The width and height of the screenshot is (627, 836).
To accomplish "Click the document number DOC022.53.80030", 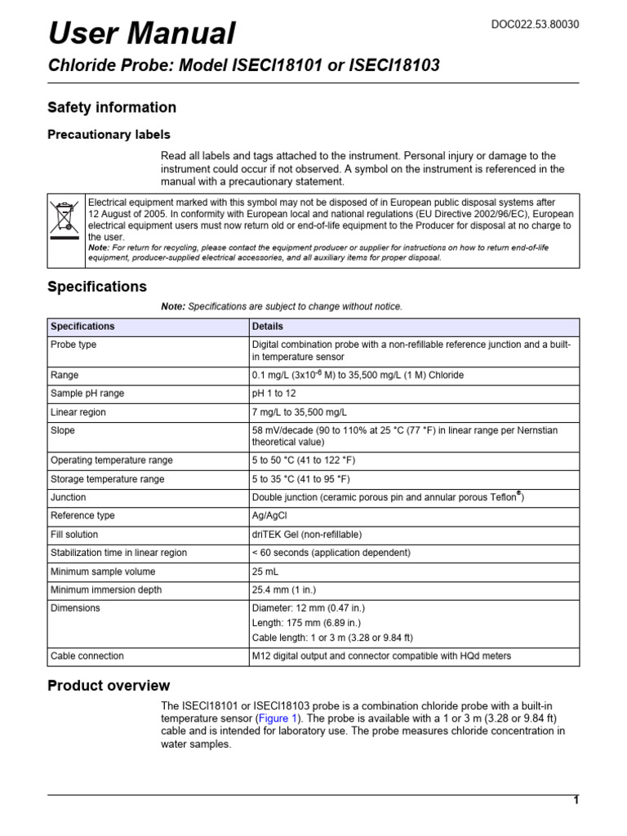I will coord(535,24).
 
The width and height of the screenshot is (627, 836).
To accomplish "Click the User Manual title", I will coord(142,33).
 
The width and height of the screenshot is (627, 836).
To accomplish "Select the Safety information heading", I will coord(112,108).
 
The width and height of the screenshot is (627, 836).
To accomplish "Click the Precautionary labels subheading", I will coord(109,135).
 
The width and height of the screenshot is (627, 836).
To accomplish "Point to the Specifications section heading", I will coord(97,287).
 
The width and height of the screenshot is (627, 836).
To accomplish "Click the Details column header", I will coord(268,327).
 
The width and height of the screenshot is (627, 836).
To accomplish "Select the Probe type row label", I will coord(73,345).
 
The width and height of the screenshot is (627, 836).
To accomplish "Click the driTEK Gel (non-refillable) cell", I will coord(307,535).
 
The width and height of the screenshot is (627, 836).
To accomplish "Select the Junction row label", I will coord(68,497).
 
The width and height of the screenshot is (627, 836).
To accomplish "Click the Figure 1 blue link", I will coord(278,718).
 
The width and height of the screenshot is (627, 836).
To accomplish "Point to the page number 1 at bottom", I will coord(576,801).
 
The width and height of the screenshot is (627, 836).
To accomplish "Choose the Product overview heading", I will coord(109,686).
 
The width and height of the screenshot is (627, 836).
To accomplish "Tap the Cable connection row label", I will coord(87,656).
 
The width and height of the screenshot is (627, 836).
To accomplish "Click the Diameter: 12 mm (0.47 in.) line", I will coord(307,608).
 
